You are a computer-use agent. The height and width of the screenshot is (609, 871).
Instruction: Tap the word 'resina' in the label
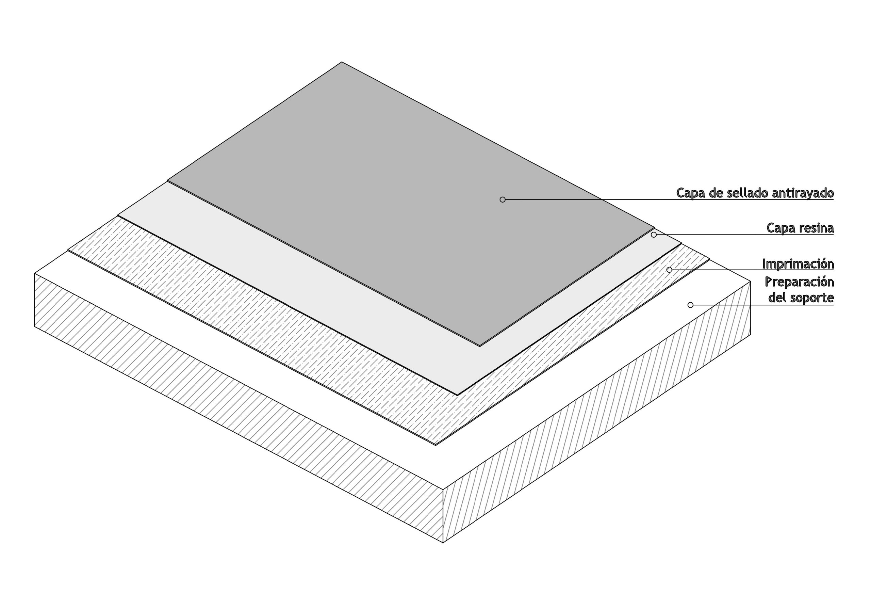[816, 228]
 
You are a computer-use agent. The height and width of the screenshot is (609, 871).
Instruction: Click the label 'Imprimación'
[798, 264]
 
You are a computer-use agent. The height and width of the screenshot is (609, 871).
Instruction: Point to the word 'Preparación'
[799, 282]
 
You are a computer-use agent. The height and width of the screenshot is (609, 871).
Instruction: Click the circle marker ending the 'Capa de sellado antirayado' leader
[503, 199]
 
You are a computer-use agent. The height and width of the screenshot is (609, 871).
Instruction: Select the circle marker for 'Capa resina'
[654, 235]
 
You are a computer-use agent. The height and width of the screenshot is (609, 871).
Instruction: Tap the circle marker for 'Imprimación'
[669, 270]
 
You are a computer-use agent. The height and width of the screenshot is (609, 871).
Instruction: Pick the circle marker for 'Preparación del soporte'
[690, 305]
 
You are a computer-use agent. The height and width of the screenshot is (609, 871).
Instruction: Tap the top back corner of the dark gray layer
[342, 62]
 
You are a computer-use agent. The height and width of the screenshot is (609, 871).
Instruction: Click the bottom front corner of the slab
[443, 543]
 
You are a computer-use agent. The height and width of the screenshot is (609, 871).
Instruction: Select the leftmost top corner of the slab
[34, 273]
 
